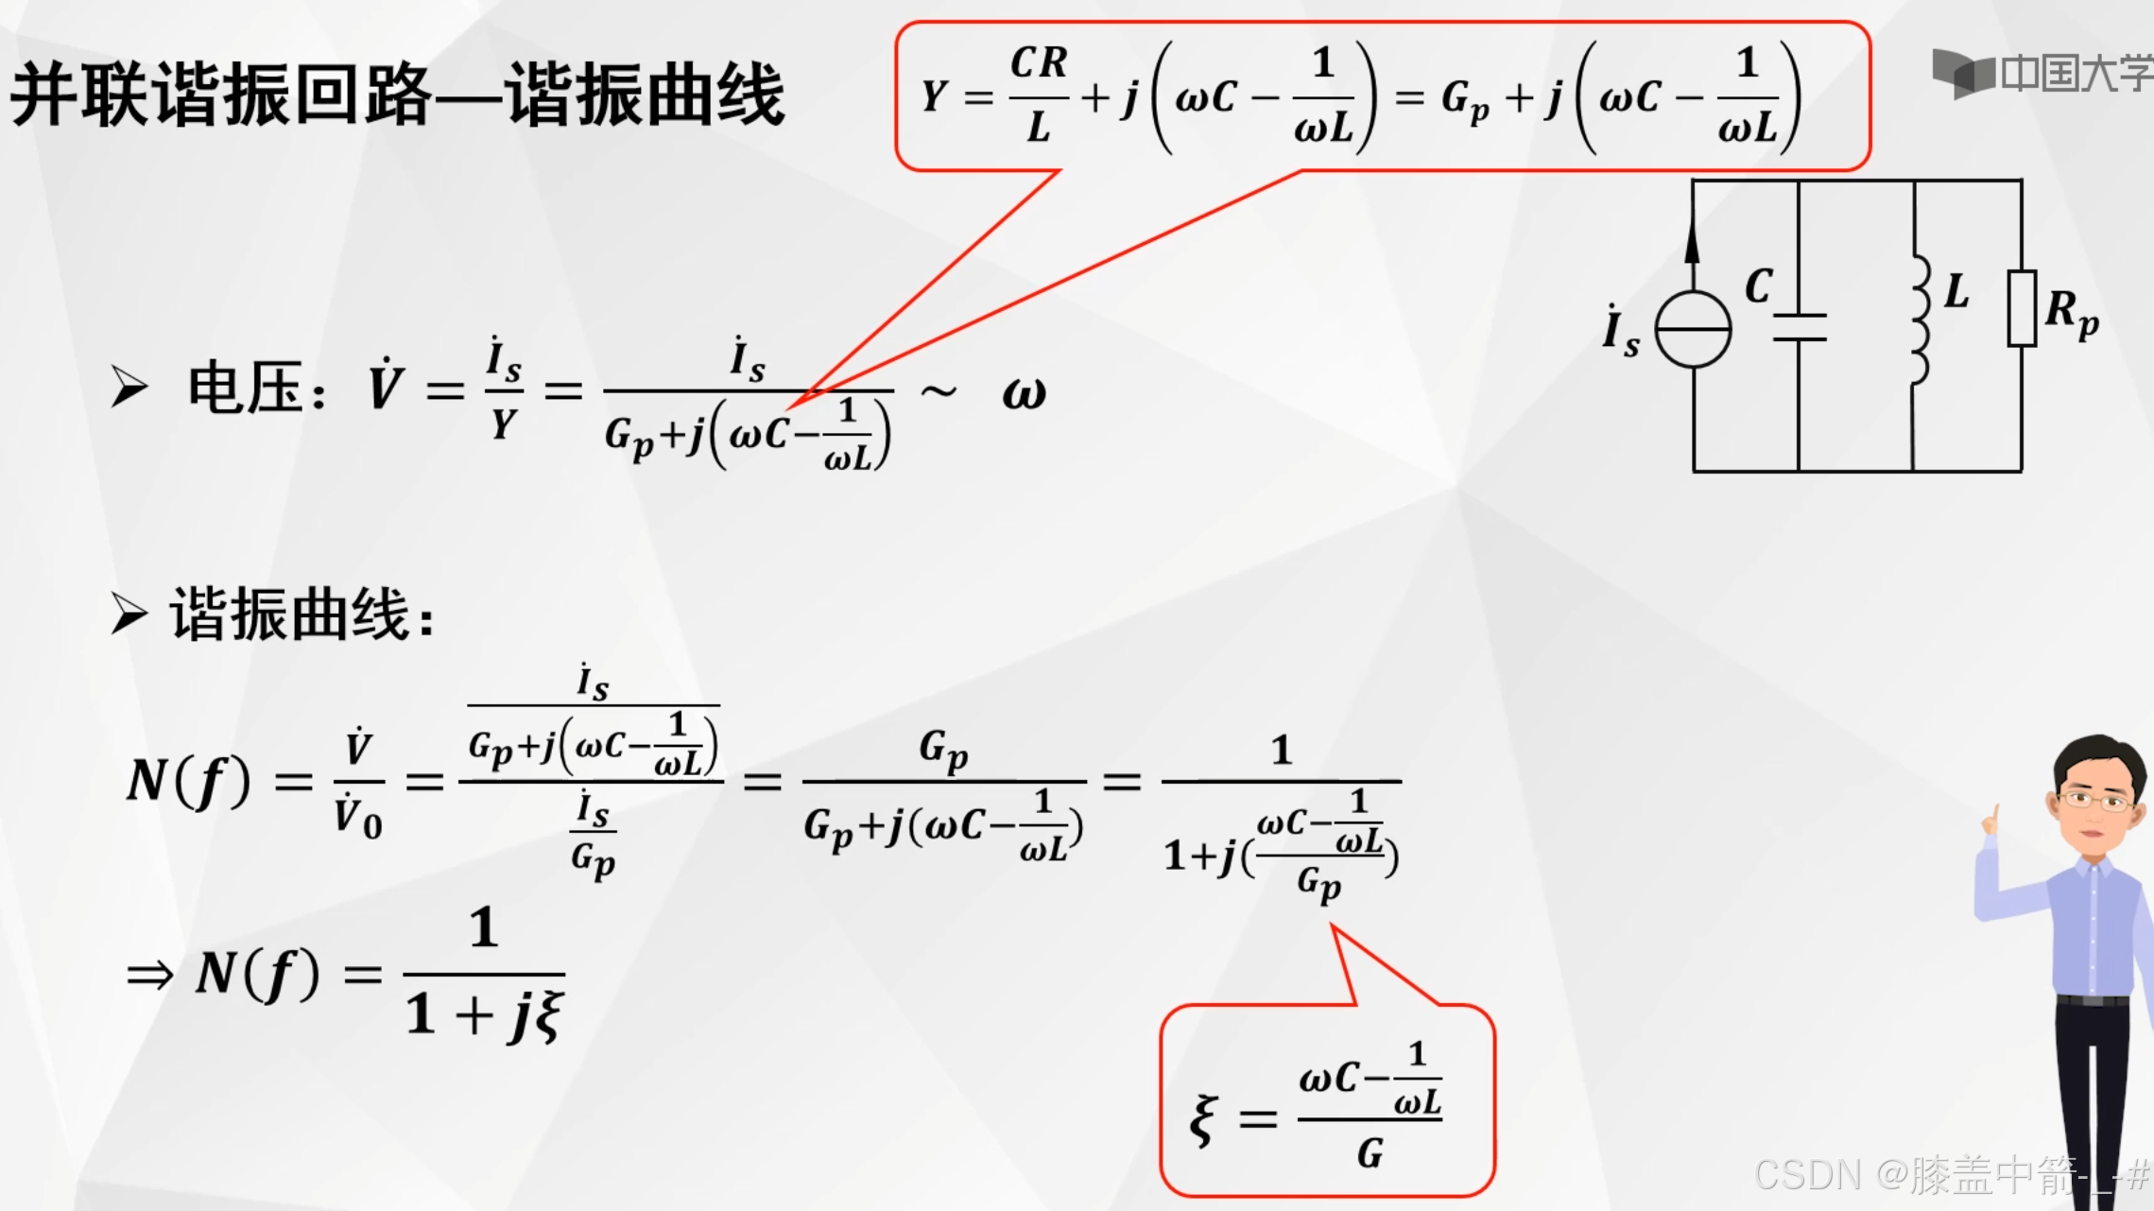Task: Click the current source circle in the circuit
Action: pyautogui.click(x=1693, y=329)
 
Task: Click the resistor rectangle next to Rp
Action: pyautogui.click(x=2022, y=308)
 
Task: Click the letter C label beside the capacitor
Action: pyautogui.click(x=1759, y=285)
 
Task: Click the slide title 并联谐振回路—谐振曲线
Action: pyautogui.click(x=397, y=95)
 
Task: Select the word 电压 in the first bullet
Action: pyautogui.click(x=245, y=388)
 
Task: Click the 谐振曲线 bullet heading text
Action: pyautogui.click(x=289, y=614)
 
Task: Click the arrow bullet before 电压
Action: pyautogui.click(x=129, y=387)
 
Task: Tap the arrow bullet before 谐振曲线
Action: pyautogui.click(x=129, y=614)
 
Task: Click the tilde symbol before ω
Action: pyautogui.click(x=938, y=389)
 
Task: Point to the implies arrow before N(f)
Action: pyautogui.click(x=150, y=975)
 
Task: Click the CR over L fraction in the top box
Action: pyautogui.click(x=1039, y=95)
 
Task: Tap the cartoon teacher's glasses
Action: pyautogui.click(x=2094, y=801)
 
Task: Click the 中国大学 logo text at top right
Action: pyautogui.click(x=2075, y=73)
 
